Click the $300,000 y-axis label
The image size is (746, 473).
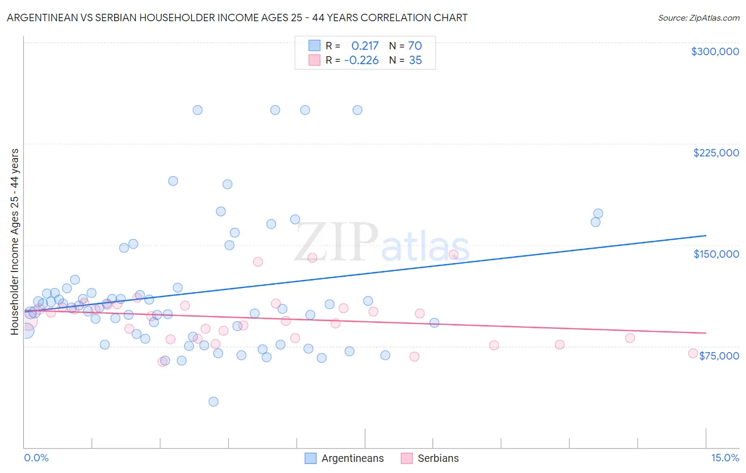(x=715, y=51)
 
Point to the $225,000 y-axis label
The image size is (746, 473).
(x=716, y=153)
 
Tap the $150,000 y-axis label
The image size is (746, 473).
(x=716, y=254)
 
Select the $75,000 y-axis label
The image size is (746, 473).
(x=719, y=356)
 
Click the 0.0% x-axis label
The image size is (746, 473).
(x=36, y=458)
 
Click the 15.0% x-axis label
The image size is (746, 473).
(x=725, y=458)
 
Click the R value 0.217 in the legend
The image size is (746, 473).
(x=365, y=46)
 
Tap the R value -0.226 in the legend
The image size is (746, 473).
(x=361, y=60)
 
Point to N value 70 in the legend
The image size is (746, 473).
(x=415, y=46)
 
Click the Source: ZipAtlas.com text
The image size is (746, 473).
(x=698, y=17)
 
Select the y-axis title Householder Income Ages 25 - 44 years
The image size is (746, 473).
(x=15, y=242)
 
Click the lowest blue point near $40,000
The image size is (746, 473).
(x=213, y=401)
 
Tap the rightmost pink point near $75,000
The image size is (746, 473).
(x=692, y=353)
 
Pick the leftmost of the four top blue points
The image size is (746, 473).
(x=197, y=110)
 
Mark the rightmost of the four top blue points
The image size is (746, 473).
(x=358, y=110)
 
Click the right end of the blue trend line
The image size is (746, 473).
(x=706, y=235)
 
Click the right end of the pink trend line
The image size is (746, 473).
(x=706, y=332)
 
